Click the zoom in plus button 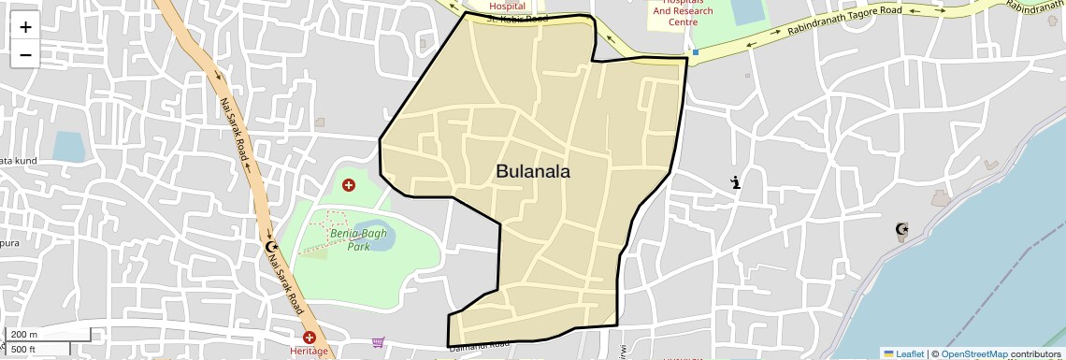pyautogui.click(x=25, y=26)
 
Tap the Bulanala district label pyautogui.click(x=532, y=171)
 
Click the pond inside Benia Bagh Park pyautogui.click(x=382, y=243)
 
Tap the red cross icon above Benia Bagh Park pyautogui.click(x=349, y=185)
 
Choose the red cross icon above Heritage pyautogui.click(x=310, y=337)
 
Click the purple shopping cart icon pyautogui.click(x=378, y=343)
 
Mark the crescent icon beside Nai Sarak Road pyautogui.click(x=271, y=247)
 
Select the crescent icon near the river pyautogui.click(x=901, y=229)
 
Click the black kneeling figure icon pyautogui.click(x=737, y=182)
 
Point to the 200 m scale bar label pyautogui.click(x=24, y=335)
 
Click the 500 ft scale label pyautogui.click(x=23, y=350)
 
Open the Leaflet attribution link pyautogui.click(x=903, y=353)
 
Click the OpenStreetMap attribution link pyautogui.click(x=973, y=353)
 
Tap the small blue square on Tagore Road pyautogui.click(x=696, y=52)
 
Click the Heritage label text pyautogui.click(x=310, y=352)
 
